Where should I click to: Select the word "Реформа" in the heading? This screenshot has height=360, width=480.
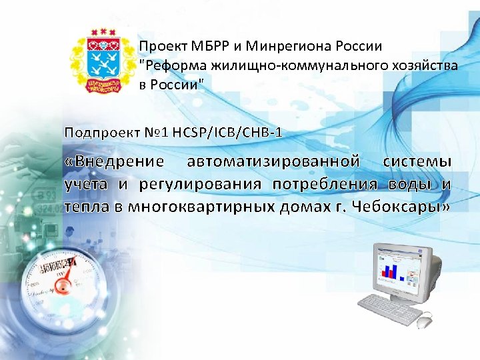171,65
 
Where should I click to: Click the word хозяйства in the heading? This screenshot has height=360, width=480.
425,65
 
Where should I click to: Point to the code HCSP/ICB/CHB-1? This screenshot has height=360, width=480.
227,132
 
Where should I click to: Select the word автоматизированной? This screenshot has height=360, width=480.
274,161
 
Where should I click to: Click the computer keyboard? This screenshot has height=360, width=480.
391,309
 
